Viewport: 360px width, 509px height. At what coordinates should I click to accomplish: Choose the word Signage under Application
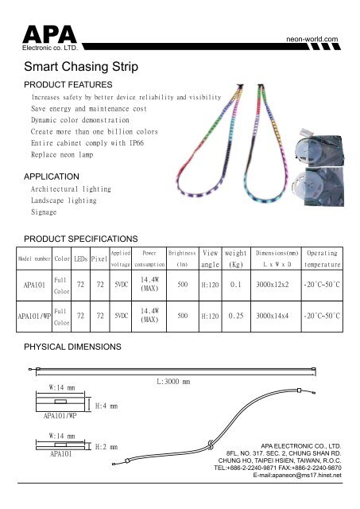tap(44, 213)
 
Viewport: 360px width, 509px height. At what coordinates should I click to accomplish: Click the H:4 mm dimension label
tap(106, 406)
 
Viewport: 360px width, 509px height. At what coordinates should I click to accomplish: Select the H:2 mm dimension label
tap(106, 447)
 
